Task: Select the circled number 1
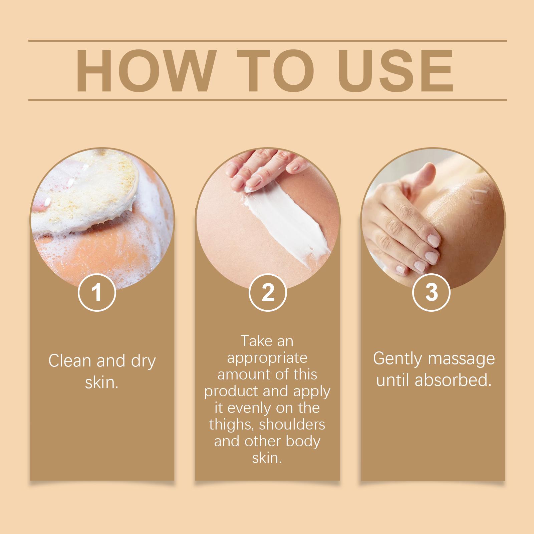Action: tap(97, 292)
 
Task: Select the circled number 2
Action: tap(268, 292)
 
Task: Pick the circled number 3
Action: tap(431, 292)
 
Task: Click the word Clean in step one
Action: tap(70, 361)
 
